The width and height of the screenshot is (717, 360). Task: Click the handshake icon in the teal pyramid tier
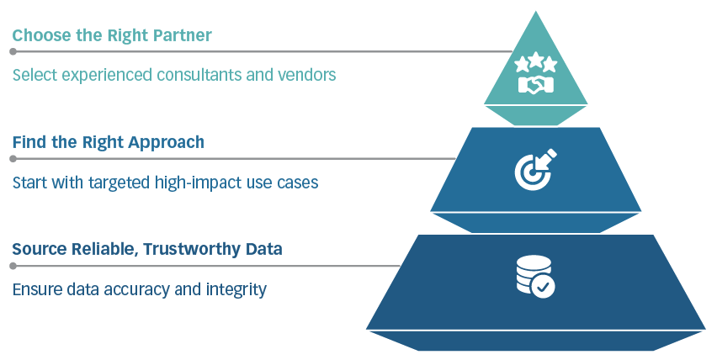tap(535, 84)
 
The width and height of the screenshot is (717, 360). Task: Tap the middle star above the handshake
tap(535, 61)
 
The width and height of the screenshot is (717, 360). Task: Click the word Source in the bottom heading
tap(37, 250)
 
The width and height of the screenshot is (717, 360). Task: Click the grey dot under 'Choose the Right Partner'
tap(13, 51)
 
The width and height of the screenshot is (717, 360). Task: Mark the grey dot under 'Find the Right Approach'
tap(13, 158)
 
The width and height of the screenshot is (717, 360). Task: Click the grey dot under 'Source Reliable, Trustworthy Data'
tap(13, 266)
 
